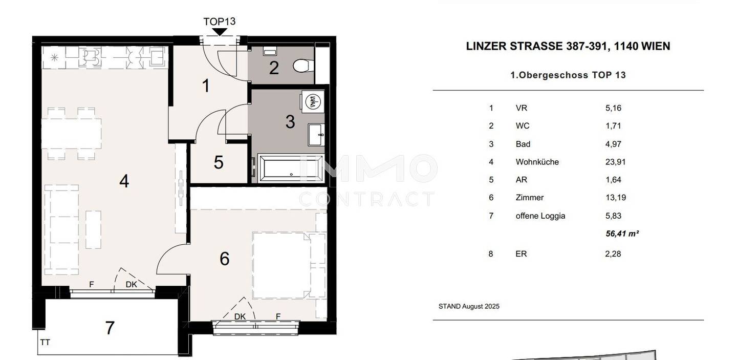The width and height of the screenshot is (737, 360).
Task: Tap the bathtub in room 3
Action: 291,168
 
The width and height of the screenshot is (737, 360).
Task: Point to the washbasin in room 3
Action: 316,135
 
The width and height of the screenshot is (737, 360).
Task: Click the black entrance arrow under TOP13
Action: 220,32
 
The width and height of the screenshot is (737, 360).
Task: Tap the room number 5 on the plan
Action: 219,162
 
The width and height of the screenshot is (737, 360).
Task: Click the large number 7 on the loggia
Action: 110,328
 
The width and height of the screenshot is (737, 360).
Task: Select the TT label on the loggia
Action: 45,343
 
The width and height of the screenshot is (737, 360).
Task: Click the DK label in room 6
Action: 240,316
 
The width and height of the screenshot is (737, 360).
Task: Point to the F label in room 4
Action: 92,284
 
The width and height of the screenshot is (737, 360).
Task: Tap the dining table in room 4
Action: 72,133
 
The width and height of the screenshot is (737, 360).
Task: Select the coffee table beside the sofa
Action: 94,230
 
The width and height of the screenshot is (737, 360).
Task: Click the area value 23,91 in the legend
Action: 615,162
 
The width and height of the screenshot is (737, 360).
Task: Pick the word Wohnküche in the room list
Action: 537,162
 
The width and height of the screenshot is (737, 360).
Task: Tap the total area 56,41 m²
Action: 622,234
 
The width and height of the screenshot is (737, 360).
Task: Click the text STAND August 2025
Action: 469,306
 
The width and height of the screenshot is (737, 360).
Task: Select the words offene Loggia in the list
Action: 540,216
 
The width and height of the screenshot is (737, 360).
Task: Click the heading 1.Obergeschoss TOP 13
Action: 568,75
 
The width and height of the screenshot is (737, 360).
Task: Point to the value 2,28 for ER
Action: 613,254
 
